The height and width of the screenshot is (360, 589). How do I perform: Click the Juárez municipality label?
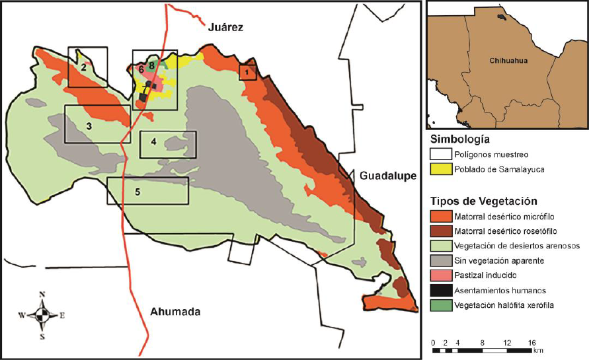click(226, 28)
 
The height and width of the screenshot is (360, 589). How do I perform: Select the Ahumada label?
click(174, 312)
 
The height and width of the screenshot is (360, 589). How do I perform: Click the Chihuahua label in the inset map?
click(508, 61)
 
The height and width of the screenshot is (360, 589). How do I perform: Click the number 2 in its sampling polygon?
click(84, 67)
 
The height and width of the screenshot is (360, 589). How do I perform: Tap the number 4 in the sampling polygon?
click(153, 141)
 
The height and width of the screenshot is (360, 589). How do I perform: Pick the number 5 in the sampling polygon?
click(137, 192)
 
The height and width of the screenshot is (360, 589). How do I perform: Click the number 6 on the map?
click(141, 69)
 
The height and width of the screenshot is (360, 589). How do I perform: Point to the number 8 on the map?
click(151, 65)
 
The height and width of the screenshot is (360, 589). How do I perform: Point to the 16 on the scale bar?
click(531, 343)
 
